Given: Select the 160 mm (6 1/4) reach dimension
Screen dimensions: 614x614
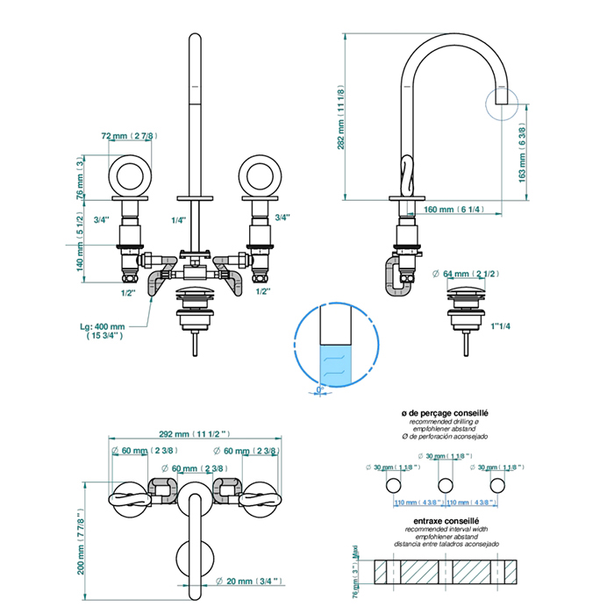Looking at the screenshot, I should click(453, 210).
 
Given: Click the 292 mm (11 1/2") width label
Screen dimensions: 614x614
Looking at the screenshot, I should click(196, 433).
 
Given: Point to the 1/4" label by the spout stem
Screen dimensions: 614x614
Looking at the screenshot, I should click(179, 220).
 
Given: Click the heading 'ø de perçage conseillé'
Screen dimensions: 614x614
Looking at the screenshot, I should click(444, 411).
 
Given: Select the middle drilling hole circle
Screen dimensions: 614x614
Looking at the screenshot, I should click(446, 485).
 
